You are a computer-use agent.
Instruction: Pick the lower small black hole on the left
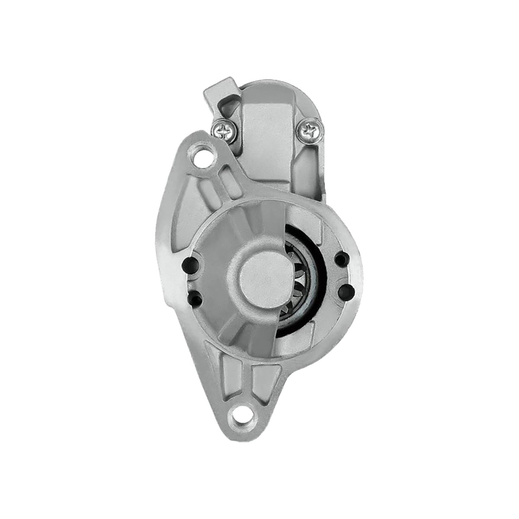pyautogui.click(x=195, y=297)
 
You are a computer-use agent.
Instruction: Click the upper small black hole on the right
pyautogui.click(x=341, y=259)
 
